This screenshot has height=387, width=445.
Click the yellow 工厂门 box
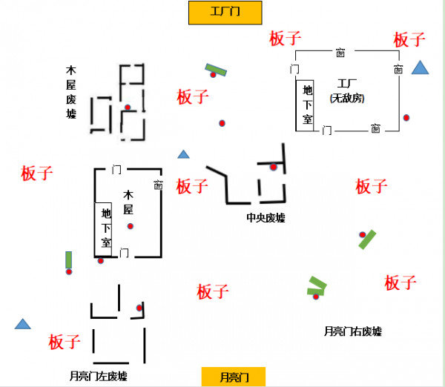225,12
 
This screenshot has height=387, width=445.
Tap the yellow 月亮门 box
234,377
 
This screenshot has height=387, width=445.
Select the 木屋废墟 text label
71,92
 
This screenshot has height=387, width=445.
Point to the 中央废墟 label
266,218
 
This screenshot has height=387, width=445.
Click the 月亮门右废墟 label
353,331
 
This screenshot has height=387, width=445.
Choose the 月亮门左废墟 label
97,376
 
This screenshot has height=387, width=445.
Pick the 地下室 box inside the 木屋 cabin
105,228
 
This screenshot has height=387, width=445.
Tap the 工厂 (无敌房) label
347,90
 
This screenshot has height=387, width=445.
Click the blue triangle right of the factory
421,69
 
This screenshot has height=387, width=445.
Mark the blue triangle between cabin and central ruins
183,155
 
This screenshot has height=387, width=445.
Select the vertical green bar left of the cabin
69,259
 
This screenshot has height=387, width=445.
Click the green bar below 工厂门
216,70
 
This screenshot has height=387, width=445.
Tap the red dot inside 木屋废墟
128,107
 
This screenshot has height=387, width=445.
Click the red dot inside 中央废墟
273,168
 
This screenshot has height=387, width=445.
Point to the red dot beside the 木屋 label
131,226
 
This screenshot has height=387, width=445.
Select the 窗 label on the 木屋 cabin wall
157,185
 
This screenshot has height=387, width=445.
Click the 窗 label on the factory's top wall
340,53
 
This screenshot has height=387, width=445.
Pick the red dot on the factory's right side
406,118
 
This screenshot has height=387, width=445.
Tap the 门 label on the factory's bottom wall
327,130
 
